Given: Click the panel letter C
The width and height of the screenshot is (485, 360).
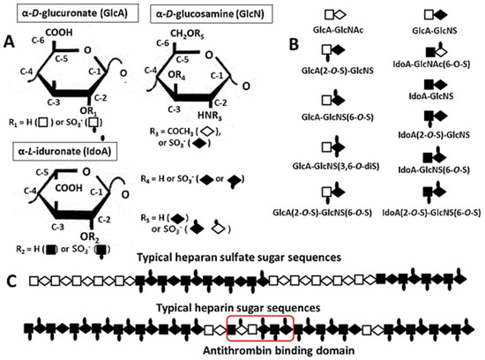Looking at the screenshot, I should (x=10, y=281).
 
